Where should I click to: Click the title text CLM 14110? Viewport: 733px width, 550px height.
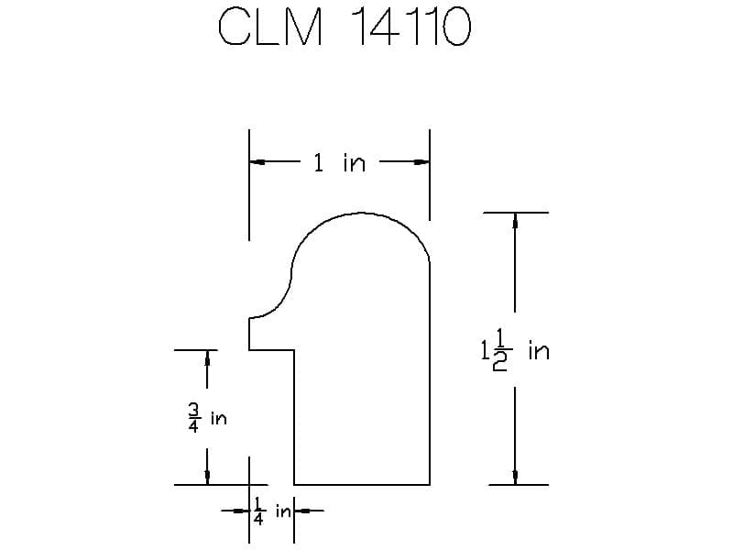[345, 28]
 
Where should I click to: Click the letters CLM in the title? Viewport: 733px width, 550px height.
[271, 28]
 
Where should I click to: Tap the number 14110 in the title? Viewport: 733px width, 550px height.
[410, 28]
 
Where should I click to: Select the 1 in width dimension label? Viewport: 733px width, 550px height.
[339, 163]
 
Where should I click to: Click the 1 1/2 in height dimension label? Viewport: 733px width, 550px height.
[513, 351]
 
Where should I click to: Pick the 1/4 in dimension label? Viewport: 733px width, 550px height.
[271, 511]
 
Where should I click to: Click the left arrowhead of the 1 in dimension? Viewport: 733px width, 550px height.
[257, 163]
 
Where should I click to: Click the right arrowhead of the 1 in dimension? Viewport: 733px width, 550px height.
[421, 163]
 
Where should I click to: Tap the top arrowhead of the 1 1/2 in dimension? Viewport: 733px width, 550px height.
[515, 221]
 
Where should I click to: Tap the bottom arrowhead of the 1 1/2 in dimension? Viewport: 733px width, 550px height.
[515, 477]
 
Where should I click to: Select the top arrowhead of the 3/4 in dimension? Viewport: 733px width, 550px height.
[207, 357]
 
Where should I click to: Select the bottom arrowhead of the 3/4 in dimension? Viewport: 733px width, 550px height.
[207, 477]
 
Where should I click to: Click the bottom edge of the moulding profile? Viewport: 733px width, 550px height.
[362, 484]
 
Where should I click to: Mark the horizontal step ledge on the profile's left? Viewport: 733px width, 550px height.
[271, 350]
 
